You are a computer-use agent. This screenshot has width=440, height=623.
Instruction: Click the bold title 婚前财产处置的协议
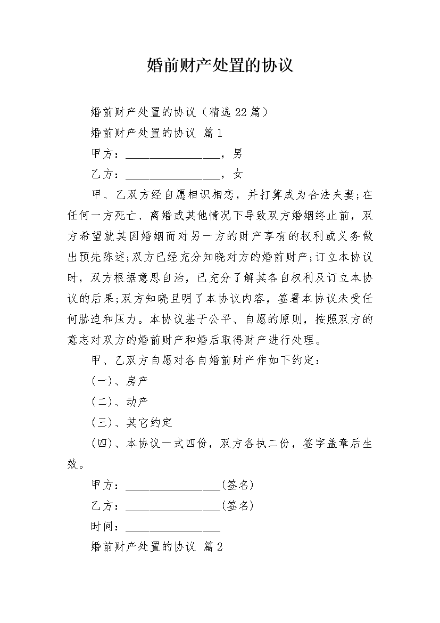220,66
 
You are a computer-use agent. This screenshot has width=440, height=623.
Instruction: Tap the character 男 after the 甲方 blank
237,154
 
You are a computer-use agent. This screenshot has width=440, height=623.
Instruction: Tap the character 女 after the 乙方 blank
237,174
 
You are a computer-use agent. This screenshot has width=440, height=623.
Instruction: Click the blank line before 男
172,155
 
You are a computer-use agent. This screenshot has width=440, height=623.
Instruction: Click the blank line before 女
172,176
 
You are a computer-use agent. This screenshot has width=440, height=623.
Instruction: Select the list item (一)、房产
120,381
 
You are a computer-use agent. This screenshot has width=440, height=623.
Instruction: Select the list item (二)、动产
120,402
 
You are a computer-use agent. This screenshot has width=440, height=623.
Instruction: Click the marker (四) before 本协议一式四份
102,444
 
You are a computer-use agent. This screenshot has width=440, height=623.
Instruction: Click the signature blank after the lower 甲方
172,487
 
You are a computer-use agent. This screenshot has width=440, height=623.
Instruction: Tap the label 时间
103,527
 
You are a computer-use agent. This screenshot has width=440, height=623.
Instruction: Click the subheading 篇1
213,133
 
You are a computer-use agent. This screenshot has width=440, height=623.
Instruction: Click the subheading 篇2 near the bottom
213,547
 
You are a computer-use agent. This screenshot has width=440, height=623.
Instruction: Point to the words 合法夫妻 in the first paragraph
329,195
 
